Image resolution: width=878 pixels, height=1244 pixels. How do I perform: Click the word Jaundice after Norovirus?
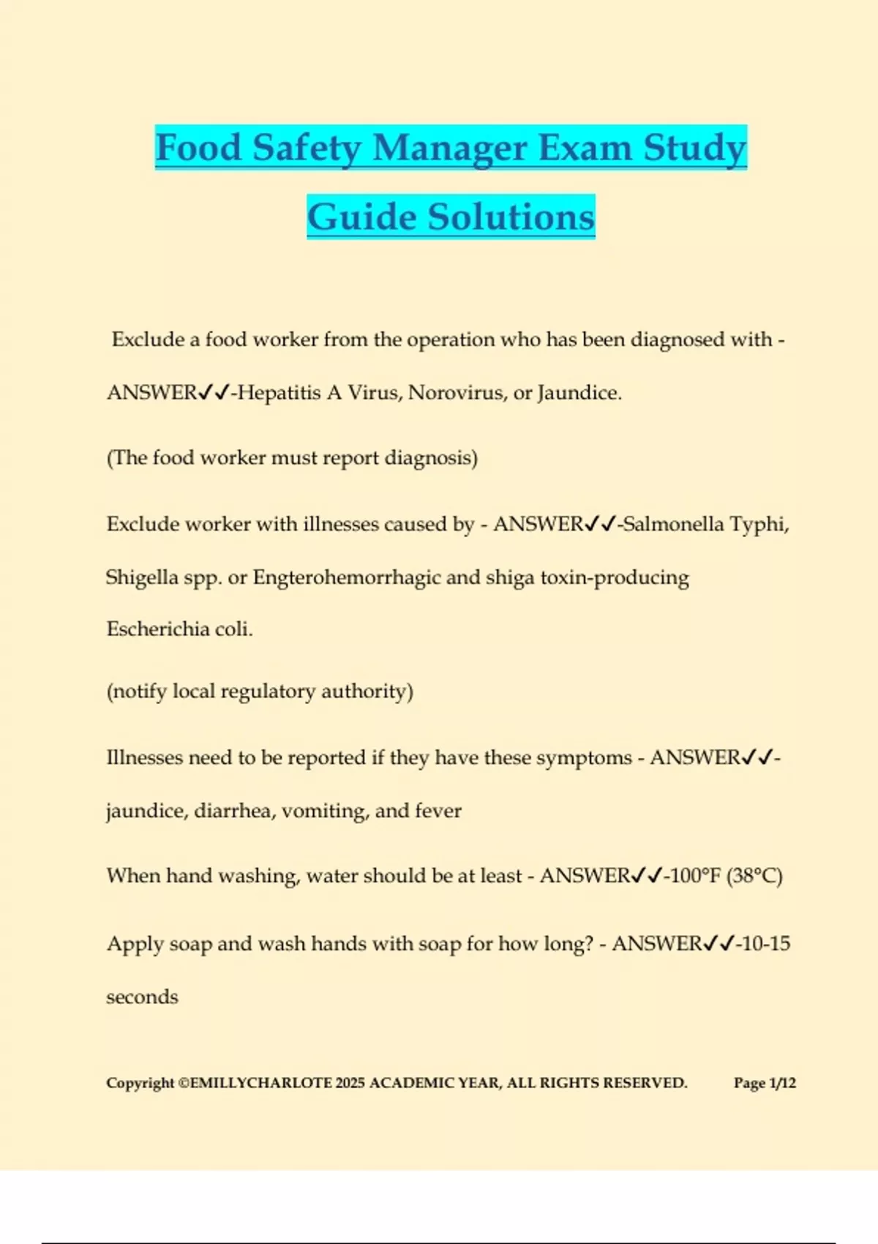579,393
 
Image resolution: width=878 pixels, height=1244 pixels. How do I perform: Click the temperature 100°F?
695,876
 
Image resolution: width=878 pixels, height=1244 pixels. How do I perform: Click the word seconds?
142,997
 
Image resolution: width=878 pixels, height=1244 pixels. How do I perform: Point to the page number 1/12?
782,1083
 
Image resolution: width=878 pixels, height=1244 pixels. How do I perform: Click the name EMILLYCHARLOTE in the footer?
260,1083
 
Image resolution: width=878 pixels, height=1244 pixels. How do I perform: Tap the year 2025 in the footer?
350,1083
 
